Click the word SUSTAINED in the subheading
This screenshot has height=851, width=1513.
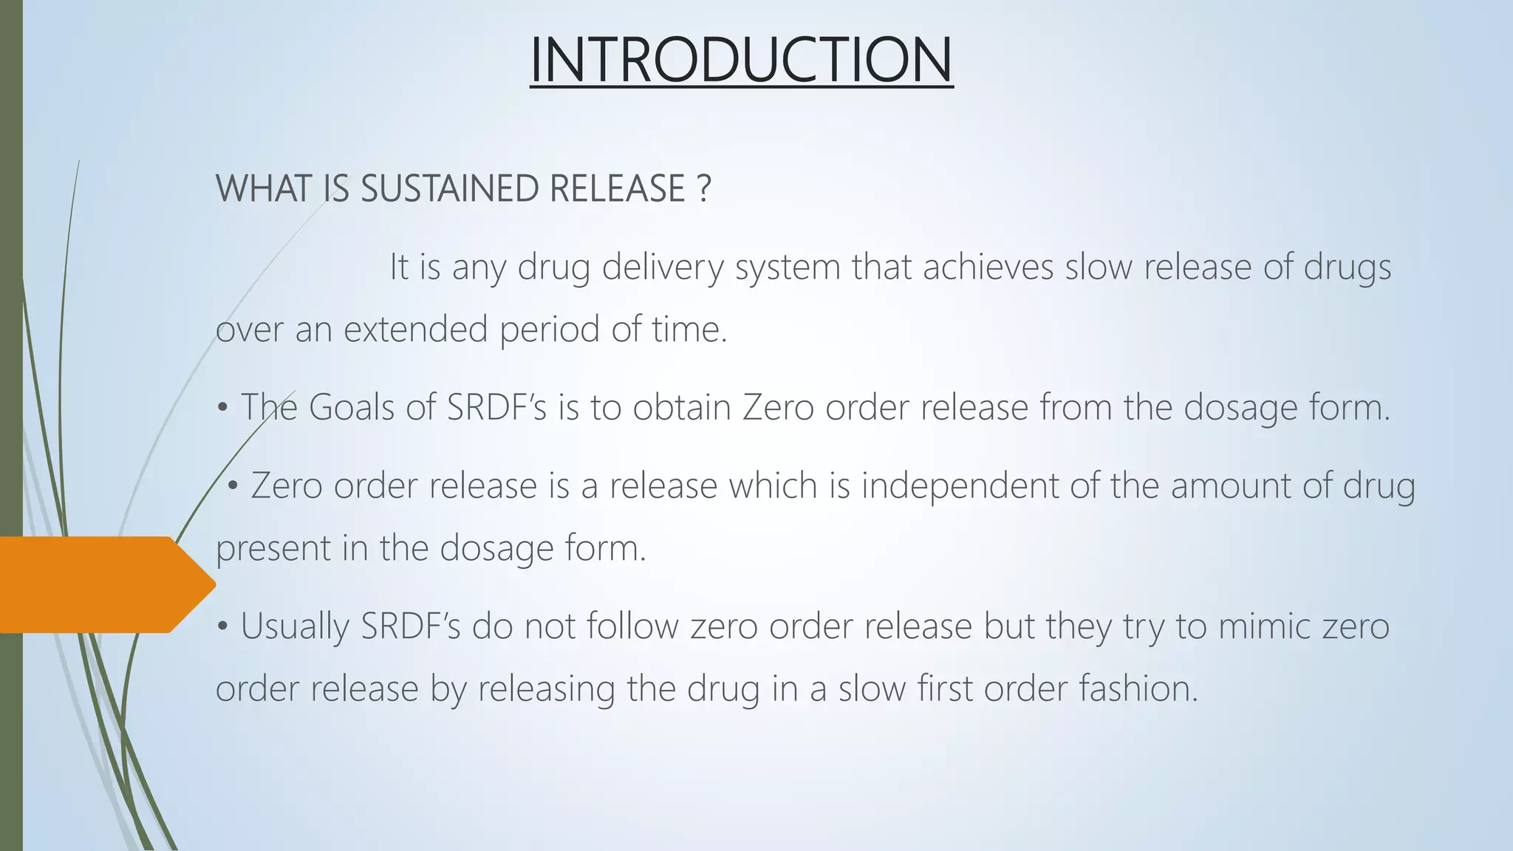[x=448, y=188]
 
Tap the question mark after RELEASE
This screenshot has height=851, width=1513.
[x=703, y=188]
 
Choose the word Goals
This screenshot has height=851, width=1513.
[x=351, y=408]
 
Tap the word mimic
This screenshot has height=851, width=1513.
[x=1263, y=626]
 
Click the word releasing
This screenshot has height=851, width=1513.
[x=546, y=690]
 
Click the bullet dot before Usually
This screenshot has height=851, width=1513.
[x=222, y=627]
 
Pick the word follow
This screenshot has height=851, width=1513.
[x=632, y=626]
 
